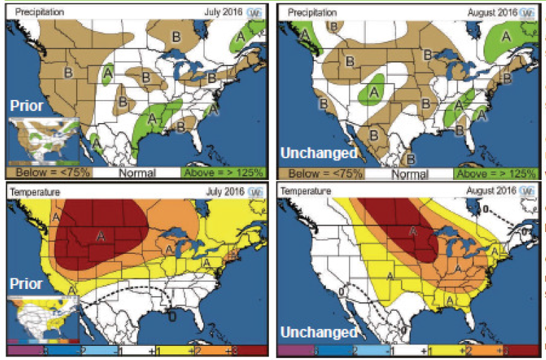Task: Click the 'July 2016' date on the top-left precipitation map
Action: coord(224,12)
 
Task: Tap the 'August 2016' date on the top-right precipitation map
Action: coord(490,12)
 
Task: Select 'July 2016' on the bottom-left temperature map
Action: coord(224,190)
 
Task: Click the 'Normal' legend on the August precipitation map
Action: coord(408,173)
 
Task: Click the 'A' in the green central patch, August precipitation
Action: coord(374,91)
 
